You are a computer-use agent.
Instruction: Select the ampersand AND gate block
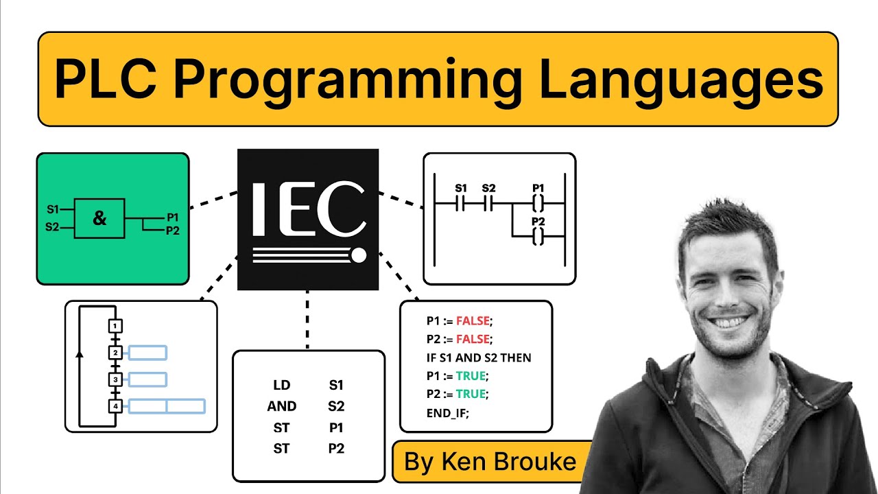(x=99, y=219)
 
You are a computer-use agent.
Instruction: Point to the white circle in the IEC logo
(x=358, y=257)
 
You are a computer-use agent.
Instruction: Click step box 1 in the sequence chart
(x=116, y=326)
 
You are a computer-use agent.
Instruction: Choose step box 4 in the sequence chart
(x=116, y=406)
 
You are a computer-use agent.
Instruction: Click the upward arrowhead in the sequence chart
(x=80, y=355)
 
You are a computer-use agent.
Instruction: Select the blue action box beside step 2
(x=147, y=353)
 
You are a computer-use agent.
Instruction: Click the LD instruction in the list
(x=281, y=386)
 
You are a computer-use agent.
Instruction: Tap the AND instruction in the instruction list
(x=281, y=406)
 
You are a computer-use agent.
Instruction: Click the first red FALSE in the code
(x=474, y=321)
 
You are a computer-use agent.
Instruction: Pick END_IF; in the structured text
(x=448, y=413)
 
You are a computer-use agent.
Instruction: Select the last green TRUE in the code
(x=471, y=395)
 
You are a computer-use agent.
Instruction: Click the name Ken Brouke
(x=490, y=462)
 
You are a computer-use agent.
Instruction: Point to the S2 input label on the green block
(x=53, y=227)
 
